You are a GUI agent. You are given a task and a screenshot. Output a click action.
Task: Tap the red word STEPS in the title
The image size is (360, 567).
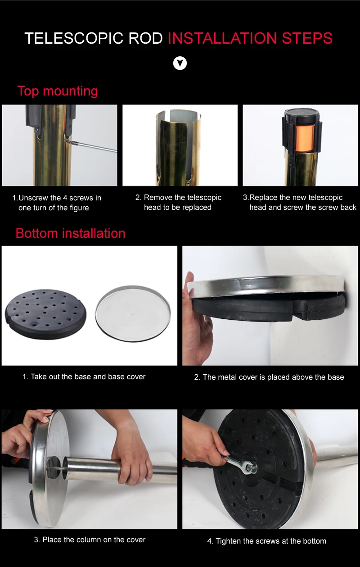point(307,38)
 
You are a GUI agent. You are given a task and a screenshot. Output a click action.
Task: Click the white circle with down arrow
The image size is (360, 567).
point(180,63)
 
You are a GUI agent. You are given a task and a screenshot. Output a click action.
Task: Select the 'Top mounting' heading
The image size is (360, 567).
point(58,91)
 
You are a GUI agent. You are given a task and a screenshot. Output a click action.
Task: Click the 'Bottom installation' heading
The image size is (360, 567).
point(71,233)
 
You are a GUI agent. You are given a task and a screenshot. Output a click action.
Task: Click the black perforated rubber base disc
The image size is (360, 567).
point(45,314)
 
